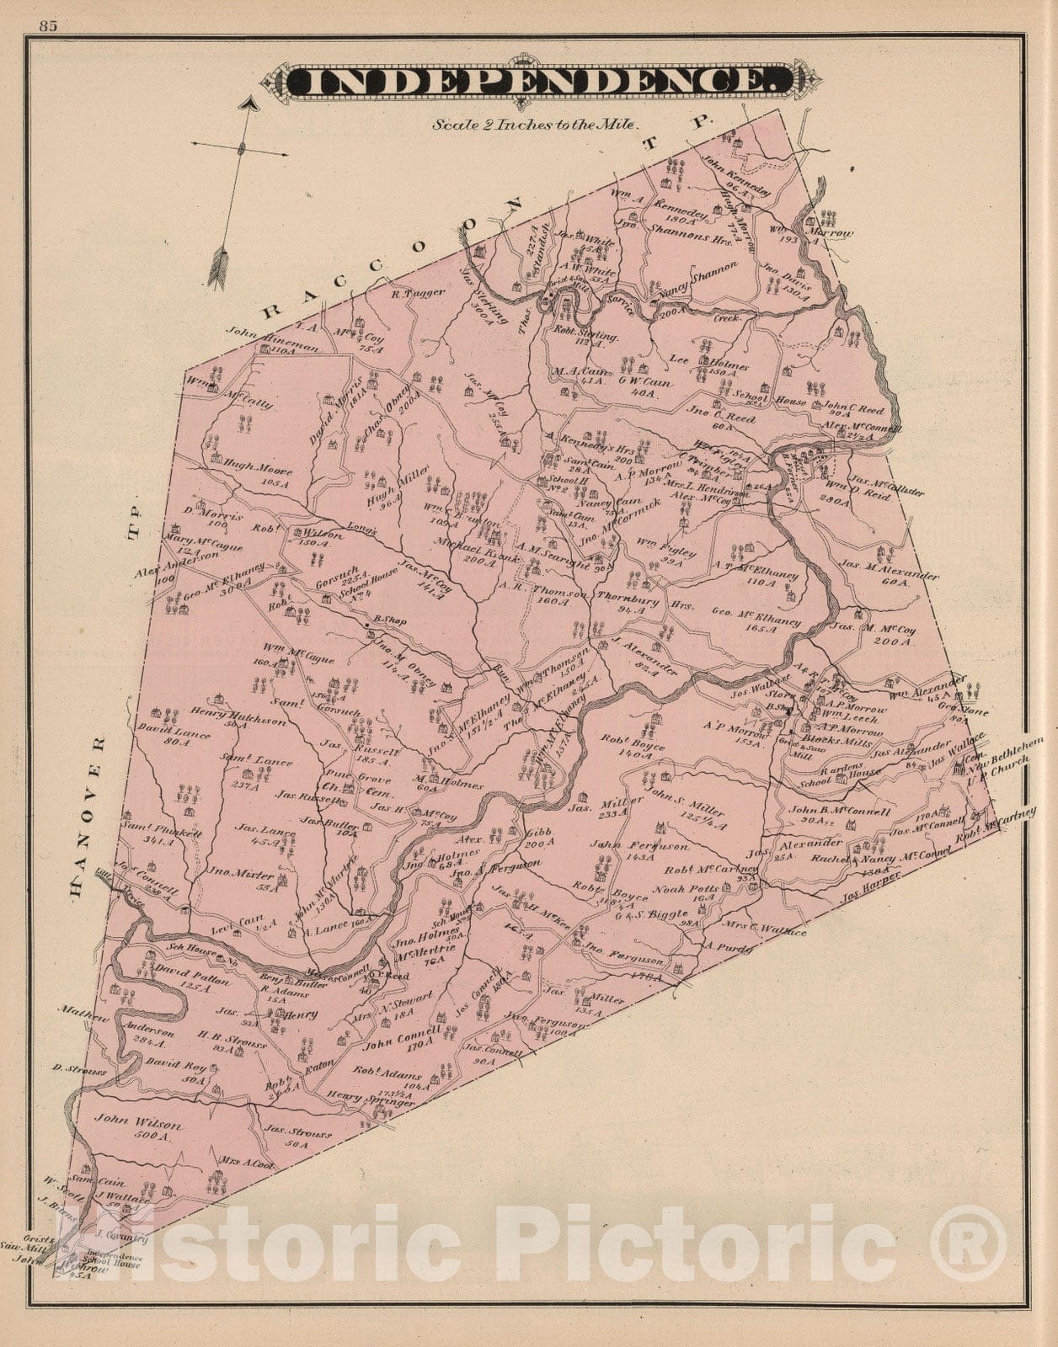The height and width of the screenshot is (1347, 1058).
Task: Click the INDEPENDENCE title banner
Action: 539,82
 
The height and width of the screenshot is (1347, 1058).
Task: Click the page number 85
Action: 47,25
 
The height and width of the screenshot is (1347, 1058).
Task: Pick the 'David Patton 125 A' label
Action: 180,976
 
